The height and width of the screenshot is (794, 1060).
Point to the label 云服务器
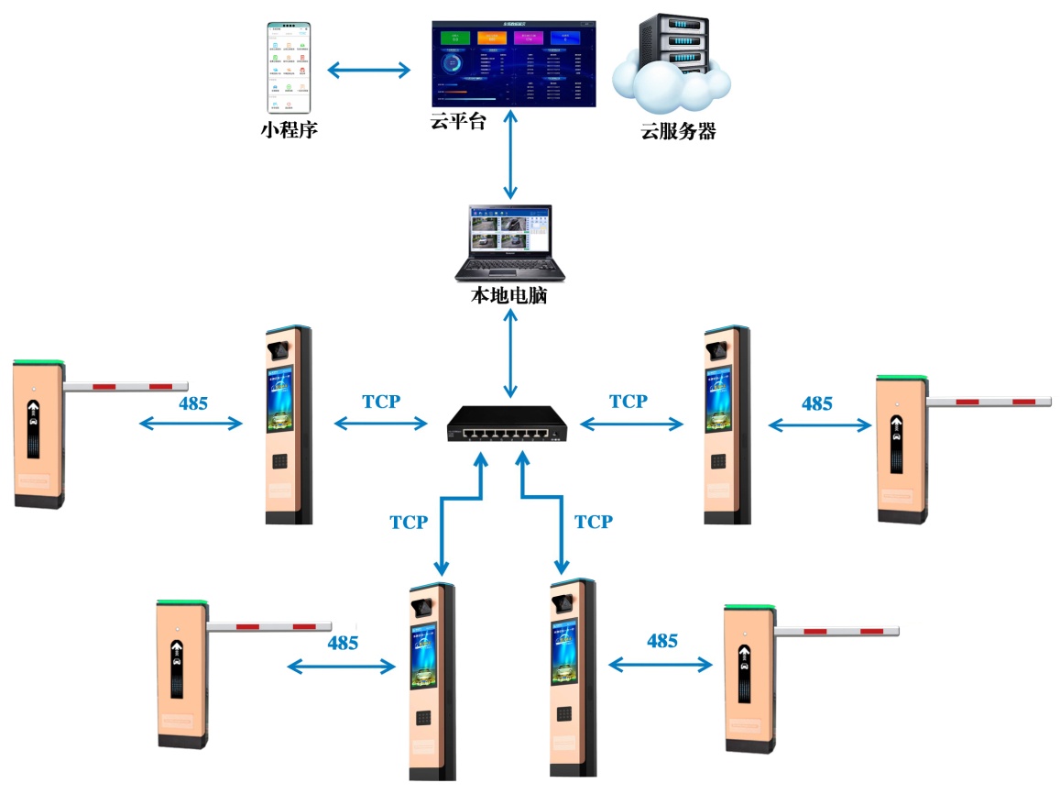[678, 131]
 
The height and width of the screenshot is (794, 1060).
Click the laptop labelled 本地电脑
[509, 243]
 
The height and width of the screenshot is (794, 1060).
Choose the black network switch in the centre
[507, 424]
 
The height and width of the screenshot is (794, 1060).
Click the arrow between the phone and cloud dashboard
[369, 70]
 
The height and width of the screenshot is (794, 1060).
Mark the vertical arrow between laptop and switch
[509, 353]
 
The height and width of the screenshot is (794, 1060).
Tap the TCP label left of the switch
[381, 401]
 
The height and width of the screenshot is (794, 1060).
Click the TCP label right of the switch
[628, 401]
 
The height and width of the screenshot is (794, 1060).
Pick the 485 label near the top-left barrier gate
[193, 403]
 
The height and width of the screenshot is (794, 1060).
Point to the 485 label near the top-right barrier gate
[816, 403]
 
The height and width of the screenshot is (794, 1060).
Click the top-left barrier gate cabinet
[38, 434]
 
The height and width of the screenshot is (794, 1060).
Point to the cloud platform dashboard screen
[513, 62]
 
